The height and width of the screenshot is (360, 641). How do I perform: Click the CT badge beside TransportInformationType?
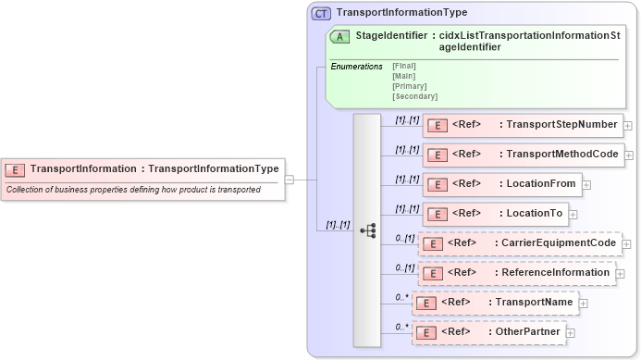[321, 13]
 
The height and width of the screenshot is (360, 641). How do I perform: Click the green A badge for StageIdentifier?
[339, 37]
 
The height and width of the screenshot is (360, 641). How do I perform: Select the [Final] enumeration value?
[404, 66]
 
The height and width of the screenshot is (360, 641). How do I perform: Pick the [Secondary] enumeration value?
[414, 95]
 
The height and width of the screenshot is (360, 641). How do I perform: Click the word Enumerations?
[356, 67]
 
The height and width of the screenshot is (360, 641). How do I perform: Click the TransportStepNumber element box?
[523, 125]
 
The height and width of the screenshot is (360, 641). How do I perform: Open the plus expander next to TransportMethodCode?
[629, 155]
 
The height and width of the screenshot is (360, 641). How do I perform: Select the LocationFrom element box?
[502, 184]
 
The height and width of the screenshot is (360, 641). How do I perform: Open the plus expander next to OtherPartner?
[571, 333]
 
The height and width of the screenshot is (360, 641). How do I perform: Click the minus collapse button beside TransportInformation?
[290, 180]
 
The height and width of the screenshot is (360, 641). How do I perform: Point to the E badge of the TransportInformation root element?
[15, 169]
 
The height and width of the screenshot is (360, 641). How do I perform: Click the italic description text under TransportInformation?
[133, 190]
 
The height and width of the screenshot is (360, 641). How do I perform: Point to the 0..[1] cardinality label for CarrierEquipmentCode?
[404, 238]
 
